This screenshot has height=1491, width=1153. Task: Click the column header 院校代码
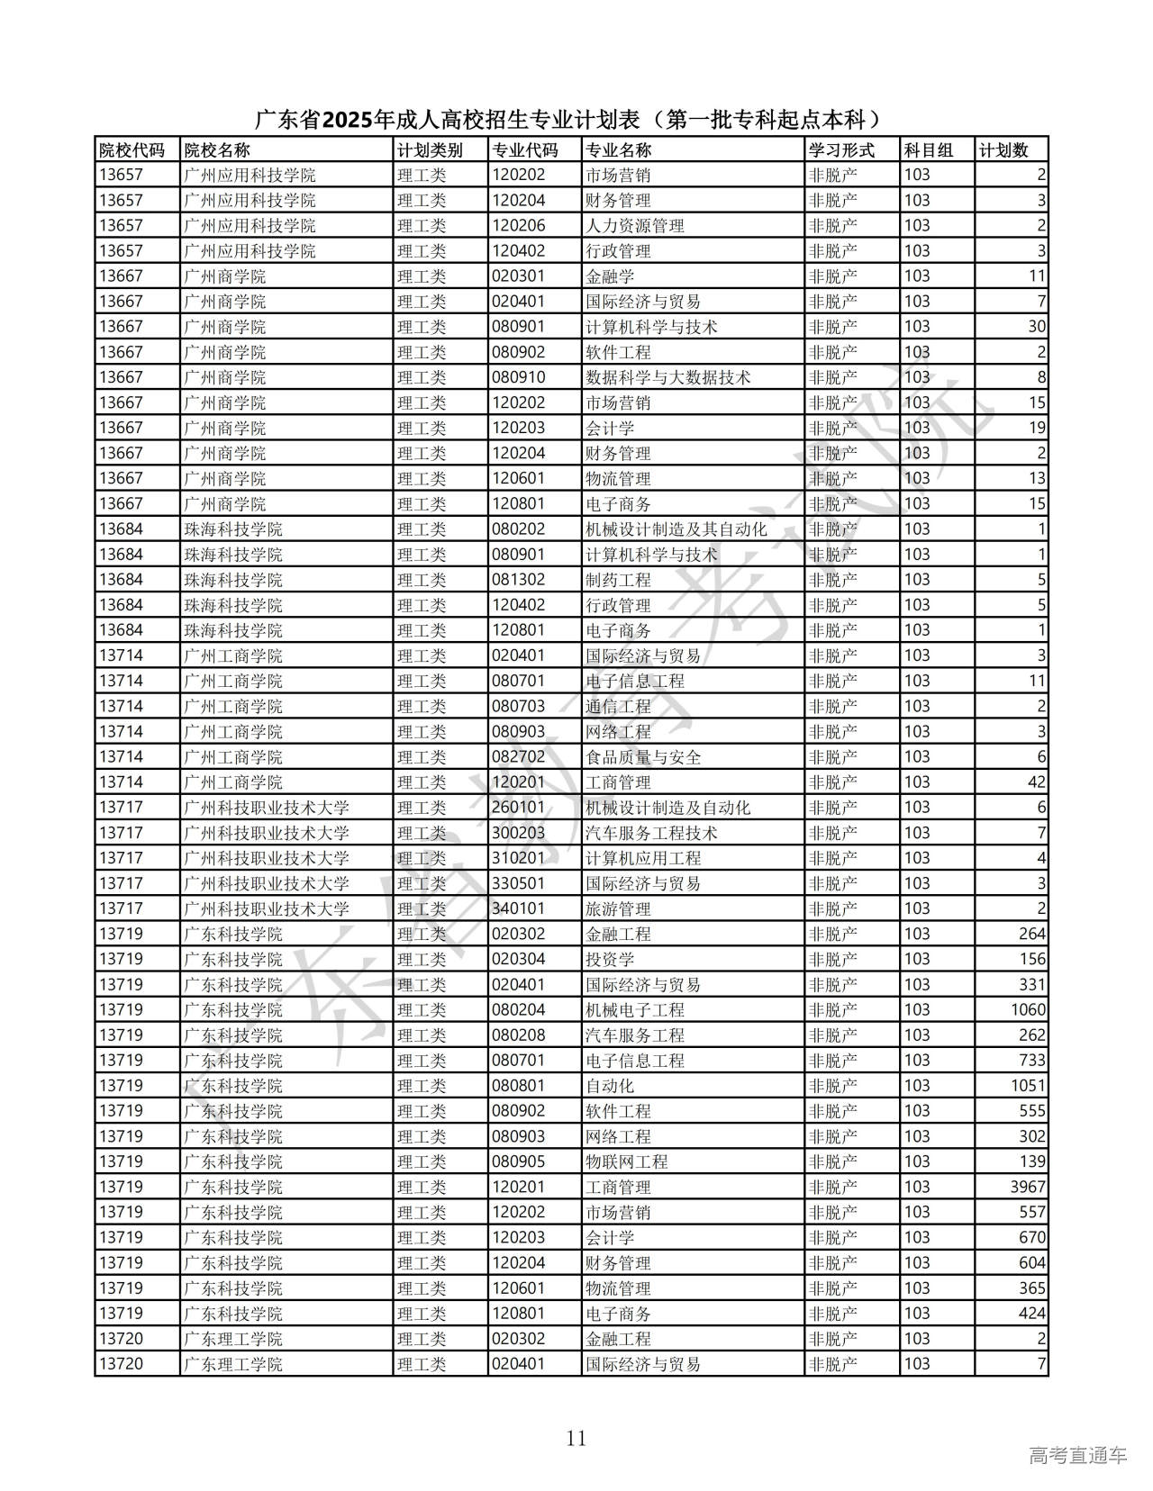click(x=132, y=150)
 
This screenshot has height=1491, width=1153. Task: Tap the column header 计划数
click(x=1003, y=150)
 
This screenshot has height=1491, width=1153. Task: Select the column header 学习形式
click(x=841, y=150)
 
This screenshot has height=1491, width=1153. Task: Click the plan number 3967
click(x=1028, y=1187)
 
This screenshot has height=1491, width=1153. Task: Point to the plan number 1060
click(x=1028, y=1010)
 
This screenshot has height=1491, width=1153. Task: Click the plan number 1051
click(x=1028, y=1086)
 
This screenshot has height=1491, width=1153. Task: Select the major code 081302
click(x=518, y=580)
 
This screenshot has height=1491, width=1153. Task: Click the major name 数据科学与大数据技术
click(x=667, y=377)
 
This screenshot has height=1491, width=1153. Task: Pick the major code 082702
click(x=518, y=757)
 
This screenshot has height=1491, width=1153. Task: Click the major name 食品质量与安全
click(x=643, y=757)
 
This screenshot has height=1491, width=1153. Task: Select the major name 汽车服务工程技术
click(x=651, y=833)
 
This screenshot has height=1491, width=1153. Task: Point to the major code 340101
click(x=518, y=908)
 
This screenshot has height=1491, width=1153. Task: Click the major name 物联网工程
click(x=626, y=1161)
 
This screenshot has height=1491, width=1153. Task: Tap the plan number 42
click(x=1036, y=782)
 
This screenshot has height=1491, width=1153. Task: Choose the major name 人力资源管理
click(x=634, y=226)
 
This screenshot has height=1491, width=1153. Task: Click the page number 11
click(x=576, y=1438)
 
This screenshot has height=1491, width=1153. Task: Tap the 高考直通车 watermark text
click(x=1077, y=1455)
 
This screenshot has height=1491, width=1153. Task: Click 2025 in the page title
click(x=348, y=120)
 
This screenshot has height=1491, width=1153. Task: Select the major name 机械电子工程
click(x=634, y=1010)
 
